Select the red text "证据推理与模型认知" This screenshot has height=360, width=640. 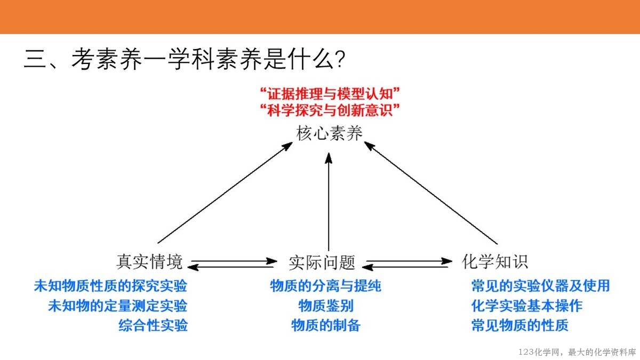click(x=330, y=94)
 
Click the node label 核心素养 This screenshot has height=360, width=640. click(x=330, y=133)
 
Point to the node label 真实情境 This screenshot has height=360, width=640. click(x=149, y=262)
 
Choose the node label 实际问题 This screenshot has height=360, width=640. click(x=322, y=262)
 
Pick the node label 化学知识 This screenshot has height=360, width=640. click(x=494, y=261)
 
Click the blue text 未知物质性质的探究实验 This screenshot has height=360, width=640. click(x=110, y=286)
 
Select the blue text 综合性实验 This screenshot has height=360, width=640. click(x=153, y=325)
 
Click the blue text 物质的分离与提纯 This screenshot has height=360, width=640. click(x=326, y=286)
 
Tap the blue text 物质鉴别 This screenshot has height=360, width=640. click(x=326, y=306)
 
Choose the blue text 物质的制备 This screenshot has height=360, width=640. click(x=326, y=325)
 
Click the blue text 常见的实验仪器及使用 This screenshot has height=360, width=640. click(x=540, y=286)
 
